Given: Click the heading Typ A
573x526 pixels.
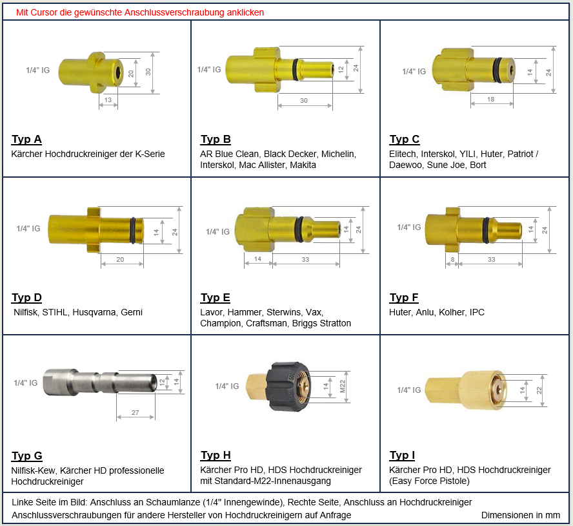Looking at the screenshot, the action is click(26, 140).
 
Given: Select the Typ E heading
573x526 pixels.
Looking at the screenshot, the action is click(216, 298).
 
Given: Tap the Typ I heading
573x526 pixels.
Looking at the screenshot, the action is click(402, 455).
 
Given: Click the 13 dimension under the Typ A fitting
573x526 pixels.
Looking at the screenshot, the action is click(108, 100).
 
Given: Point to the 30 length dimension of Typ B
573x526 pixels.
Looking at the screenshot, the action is click(304, 100).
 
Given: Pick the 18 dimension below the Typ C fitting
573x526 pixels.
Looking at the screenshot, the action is click(491, 100).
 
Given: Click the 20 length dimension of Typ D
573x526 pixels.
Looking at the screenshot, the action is click(120, 259).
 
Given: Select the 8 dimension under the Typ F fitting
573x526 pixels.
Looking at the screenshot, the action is click(452, 260).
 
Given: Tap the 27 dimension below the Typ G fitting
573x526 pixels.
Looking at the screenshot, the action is click(136, 412).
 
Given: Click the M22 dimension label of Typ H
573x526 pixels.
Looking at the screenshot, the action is click(343, 386).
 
